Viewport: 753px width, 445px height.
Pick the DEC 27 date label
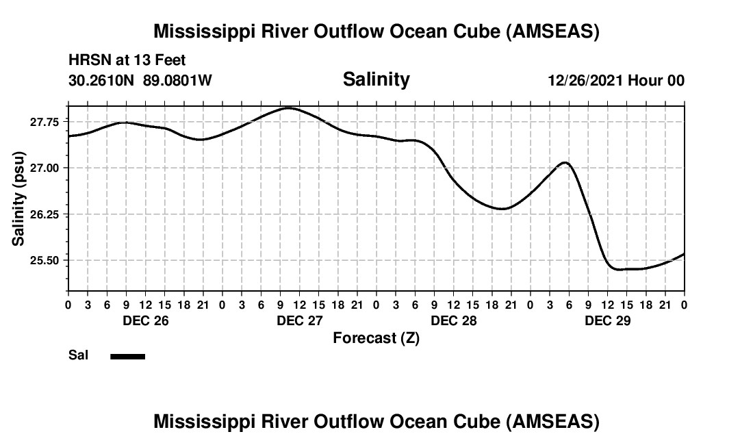click(x=299, y=320)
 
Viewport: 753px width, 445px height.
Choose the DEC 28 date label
click(x=453, y=320)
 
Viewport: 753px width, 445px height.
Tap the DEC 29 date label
click(x=607, y=320)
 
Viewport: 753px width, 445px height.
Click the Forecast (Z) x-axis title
click(x=376, y=338)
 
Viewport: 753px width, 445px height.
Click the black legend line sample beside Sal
click(x=127, y=356)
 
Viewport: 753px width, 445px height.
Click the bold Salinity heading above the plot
click(x=376, y=79)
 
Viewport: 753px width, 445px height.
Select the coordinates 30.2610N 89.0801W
click(x=140, y=80)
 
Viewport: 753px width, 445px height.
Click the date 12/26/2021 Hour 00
click(x=616, y=80)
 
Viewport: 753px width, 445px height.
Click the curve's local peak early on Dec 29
click(x=565, y=162)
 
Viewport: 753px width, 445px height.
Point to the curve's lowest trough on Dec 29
click(x=620, y=270)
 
